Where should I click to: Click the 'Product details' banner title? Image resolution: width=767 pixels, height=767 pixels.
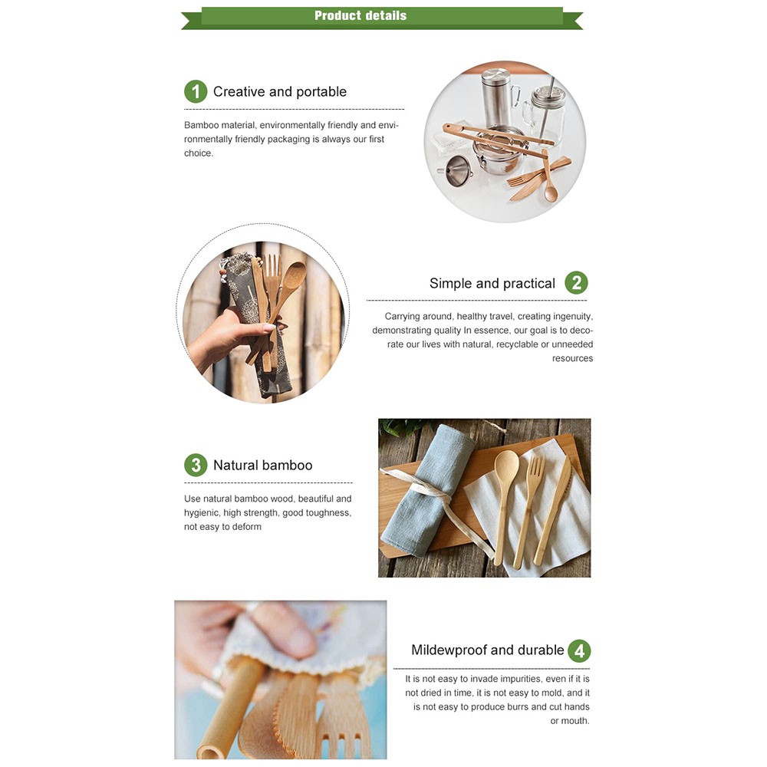(360, 15)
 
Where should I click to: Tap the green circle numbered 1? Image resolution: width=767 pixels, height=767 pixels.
(196, 91)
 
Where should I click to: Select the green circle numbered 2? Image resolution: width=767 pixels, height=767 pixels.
(576, 283)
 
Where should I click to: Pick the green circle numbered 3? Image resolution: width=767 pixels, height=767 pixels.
(196, 465)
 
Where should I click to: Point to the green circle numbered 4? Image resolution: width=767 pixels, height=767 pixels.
(579, 650)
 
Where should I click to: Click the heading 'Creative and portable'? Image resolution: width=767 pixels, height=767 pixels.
(280, 91)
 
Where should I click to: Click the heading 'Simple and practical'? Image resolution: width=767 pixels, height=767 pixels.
(492, 283)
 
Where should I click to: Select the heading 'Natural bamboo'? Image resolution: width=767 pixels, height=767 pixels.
(262, 466)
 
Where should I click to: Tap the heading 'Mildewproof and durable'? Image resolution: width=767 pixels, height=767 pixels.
(487, 650)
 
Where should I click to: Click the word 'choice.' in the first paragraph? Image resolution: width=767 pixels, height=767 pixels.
(199, 153)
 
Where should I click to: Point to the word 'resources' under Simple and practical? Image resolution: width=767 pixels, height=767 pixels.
(572, 358)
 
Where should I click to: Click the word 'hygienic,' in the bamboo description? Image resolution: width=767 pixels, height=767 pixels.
(201, 513)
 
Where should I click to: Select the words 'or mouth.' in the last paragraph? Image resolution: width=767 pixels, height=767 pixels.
(570, 720)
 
